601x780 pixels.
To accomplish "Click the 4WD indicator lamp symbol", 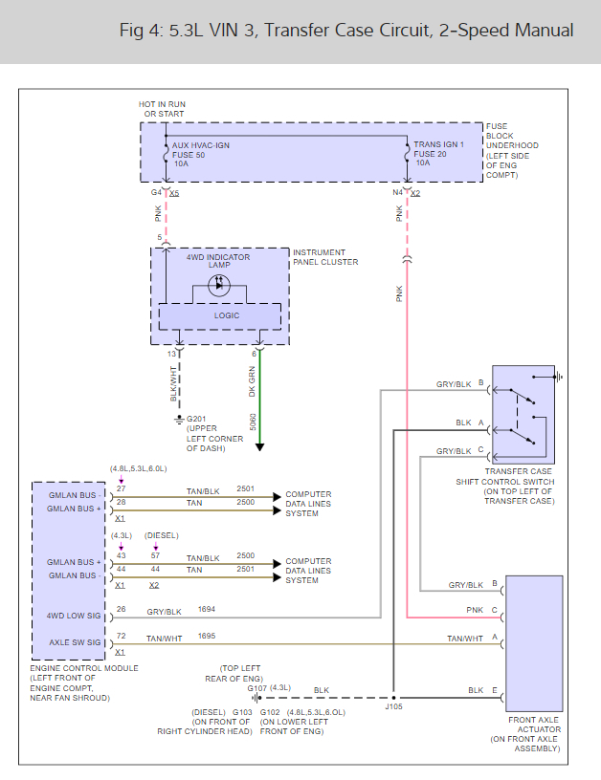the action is click(x=219, y=286).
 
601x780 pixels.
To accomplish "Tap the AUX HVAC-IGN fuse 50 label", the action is click(x=200, y=154).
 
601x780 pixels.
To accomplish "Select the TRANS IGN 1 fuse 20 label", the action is click(x=438, y=153).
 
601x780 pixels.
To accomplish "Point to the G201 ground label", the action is click(x=195, y=419).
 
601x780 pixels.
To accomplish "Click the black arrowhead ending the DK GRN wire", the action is click(x=259, y=446).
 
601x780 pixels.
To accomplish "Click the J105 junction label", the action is click(x=393, y=706).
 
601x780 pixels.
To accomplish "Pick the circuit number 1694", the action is click(x=207, y=609).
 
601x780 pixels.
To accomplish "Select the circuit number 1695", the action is click(x=207, y=636).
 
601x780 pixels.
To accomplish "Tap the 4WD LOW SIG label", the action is click(x=74, y=616).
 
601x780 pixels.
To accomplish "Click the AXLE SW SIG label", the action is click(x=75, y=642).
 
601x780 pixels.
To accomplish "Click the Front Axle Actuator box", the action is click(x=534, y=643).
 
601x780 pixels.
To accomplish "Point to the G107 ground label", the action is click(x=257, y=688).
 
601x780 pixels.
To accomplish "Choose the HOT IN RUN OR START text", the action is click(x=163, y=109).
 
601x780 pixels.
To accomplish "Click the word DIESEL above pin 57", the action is click(x=162, y=535).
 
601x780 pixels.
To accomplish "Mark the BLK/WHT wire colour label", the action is click(x=173, y=384).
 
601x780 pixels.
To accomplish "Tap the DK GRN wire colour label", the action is click(x=252, y=381).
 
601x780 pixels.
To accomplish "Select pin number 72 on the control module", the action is click(x=121, y=636).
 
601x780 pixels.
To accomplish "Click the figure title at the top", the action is click(x=346, y=31).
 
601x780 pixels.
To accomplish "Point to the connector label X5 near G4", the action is click(x=174, y=193).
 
